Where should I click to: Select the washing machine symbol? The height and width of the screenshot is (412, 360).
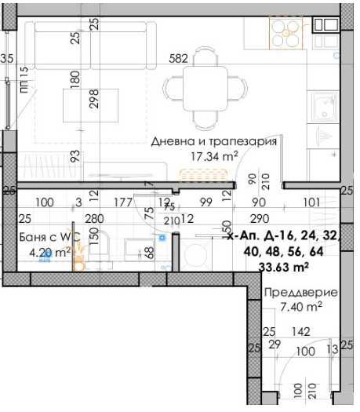197,253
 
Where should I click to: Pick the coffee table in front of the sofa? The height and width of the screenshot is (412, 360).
84,104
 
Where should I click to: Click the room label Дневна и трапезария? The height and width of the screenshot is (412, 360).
213,142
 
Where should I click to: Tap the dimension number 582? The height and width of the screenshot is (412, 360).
179,58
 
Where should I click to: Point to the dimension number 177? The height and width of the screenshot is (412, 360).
122,202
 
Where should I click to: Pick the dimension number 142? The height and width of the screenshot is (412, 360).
300,332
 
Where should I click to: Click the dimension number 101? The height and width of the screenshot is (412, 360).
311,202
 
